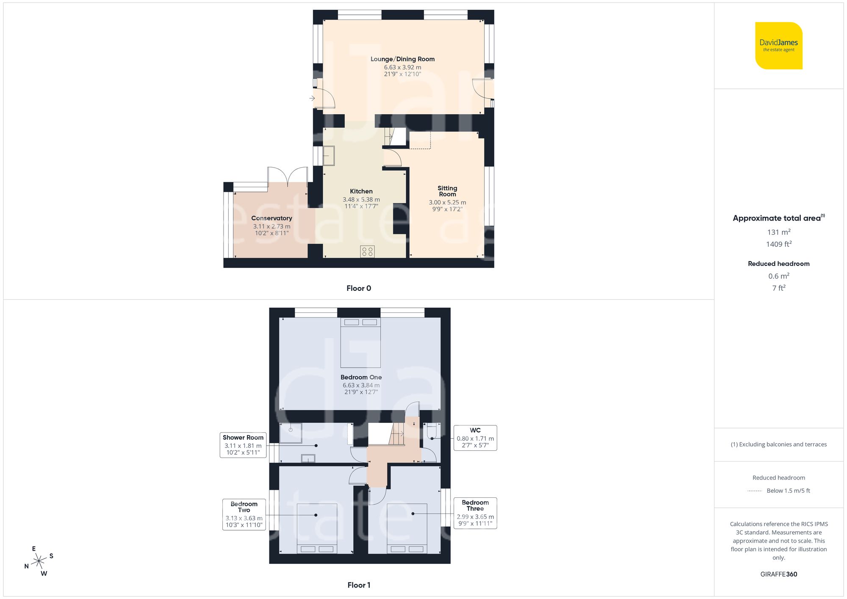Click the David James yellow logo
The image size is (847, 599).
tap(778, 46)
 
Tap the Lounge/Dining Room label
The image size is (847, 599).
tap(402, 59)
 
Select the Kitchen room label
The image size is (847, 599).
tap(361, 191)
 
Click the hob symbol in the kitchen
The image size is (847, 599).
tap(367, 252)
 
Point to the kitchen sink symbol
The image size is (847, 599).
tap(329, 155)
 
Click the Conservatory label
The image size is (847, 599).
tap(271, 218)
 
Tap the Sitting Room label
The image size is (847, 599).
tap(447, 191)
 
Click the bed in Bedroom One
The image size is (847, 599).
tap(360, 343)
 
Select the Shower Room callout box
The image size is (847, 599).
tap(243, 445)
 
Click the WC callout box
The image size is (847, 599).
tap(475, 438)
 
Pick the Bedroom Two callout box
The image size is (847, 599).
tap(244, 514)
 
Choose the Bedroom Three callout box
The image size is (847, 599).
tap(475, 513)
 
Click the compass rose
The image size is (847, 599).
tap(39, 561)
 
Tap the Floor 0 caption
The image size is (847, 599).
tap(359, 288)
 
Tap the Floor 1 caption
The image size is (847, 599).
tap(359, 585)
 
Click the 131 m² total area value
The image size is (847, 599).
tap(778, 232)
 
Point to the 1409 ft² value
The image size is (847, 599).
tap(778, 244)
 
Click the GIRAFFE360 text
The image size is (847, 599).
tap(778, 574)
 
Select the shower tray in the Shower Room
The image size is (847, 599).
tap(291, 433)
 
